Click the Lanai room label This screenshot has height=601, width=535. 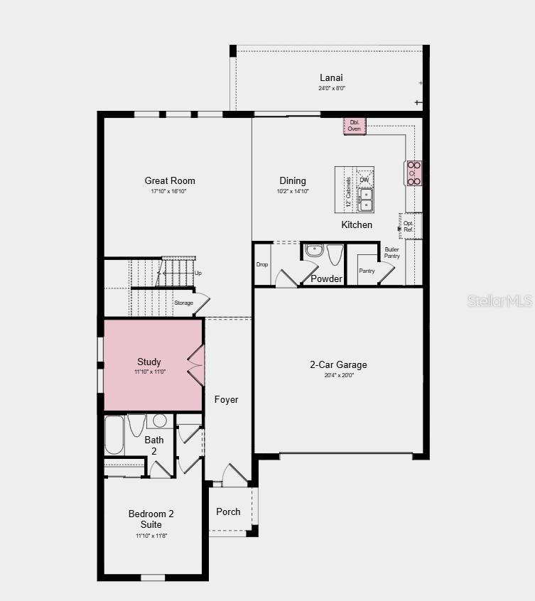331,77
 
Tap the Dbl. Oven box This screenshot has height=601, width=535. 355,126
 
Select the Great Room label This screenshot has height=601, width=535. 170,180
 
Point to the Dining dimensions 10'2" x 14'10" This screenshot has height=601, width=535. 293,191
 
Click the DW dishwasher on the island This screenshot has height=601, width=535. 364,179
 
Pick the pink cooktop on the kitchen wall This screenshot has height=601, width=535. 414,173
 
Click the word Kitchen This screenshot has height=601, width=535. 357,224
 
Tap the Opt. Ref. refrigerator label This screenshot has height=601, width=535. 409,225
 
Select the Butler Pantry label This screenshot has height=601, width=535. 392,252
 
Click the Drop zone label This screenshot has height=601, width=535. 261,264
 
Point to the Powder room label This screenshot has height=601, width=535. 326,278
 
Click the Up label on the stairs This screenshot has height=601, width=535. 198,273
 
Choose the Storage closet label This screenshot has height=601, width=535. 183,303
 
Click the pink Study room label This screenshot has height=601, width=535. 149,362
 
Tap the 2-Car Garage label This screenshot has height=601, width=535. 338,364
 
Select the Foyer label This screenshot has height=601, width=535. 227,399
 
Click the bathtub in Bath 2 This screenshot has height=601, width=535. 114,434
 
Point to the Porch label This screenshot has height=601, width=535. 228,511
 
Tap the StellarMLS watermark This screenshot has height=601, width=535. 499,300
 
